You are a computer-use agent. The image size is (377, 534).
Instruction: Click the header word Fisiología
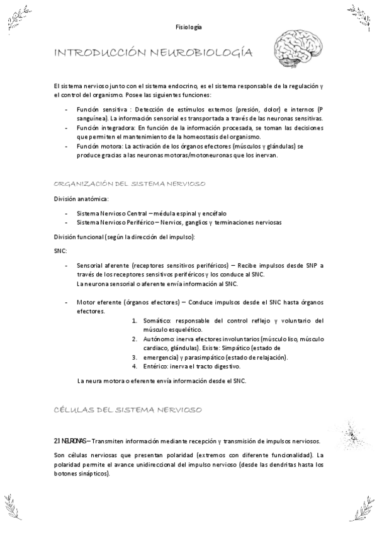click(189, 27)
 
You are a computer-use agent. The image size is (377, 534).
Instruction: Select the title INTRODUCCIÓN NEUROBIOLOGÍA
click(154, 54)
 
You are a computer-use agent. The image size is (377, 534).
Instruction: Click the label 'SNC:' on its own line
click(62, 251)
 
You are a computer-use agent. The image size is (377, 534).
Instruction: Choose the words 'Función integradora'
click(101, 127)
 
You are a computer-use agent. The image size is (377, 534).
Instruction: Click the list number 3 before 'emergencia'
click(134, 357)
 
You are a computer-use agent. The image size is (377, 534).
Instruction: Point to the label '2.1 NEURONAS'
click(71, 441)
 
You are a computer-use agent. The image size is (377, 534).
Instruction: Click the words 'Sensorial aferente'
click(100, 266)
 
